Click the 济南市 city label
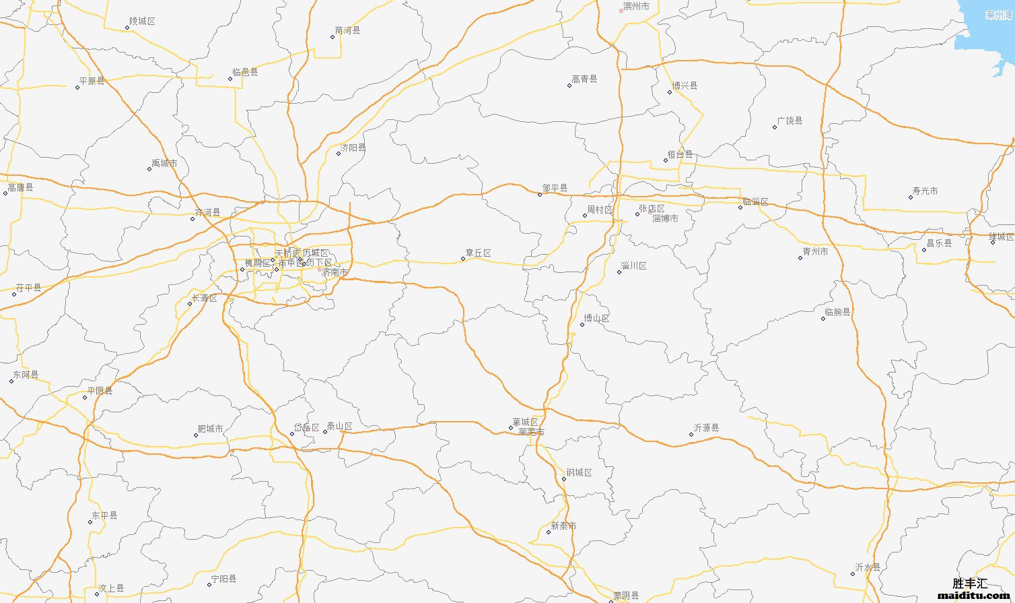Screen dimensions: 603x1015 pos(335,272)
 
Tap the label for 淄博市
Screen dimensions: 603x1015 pos(665,218)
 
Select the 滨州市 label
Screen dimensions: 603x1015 pos(636,6)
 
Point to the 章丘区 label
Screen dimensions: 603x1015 pos(478,253)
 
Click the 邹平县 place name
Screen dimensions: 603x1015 pos(555,188)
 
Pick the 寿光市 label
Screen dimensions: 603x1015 pos(925,191)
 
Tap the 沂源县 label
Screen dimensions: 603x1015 pos(706,428)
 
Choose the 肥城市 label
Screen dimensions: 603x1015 pos(210,429)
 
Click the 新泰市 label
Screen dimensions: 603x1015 pos(563,526)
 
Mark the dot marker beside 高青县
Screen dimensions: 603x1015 pos(569,86)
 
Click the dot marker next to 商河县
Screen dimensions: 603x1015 pos(332,37)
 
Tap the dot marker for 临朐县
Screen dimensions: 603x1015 pos(823,318)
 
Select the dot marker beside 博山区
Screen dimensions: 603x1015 pos(582,325)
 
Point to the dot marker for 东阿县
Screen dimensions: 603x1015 pos(11,381)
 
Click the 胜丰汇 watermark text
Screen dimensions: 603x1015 pos(970,583)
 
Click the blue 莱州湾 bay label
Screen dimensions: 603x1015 pos(1000,15)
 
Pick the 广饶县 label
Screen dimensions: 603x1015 pos(790,121)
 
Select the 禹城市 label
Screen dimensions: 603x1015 pos(164,163)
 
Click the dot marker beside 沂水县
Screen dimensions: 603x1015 pos(852,574)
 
